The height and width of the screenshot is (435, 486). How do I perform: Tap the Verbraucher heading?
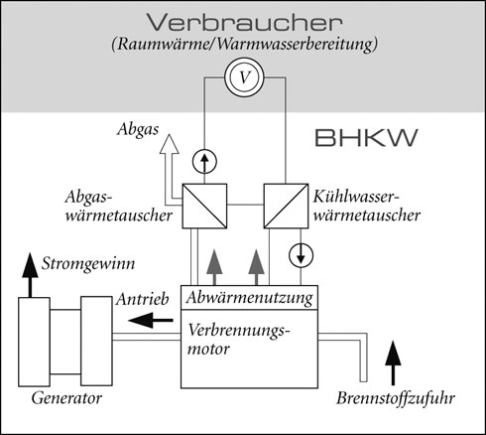click(245, 23)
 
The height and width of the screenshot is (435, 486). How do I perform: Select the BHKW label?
click(366, 138)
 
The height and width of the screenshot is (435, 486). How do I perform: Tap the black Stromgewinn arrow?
click(30, 275)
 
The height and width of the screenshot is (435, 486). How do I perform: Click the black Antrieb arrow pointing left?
click(151, 320)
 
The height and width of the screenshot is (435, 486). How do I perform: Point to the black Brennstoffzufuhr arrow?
click(393, 363)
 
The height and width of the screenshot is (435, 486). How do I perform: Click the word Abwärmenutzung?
click(249, 298)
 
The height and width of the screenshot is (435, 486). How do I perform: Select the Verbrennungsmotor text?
click(237, 340)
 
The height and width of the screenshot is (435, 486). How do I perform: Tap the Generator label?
click(66, 397)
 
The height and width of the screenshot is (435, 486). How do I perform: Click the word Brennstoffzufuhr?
click(396, 398)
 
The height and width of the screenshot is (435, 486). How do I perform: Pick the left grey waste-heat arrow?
click(214, 267)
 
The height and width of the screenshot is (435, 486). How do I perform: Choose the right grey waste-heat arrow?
click(257, 267)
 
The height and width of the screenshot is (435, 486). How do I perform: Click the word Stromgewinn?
click(88, 264)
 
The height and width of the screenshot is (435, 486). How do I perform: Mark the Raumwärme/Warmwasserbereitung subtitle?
click(244, 44)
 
